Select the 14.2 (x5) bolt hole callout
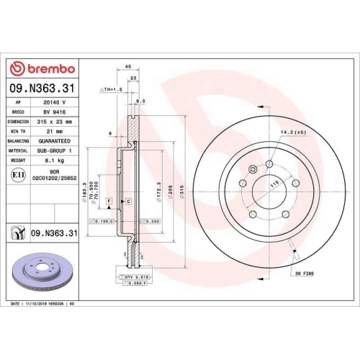(x=294, y=133)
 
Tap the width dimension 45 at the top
(x=127, y=66)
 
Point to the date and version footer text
(x=43, y=304)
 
